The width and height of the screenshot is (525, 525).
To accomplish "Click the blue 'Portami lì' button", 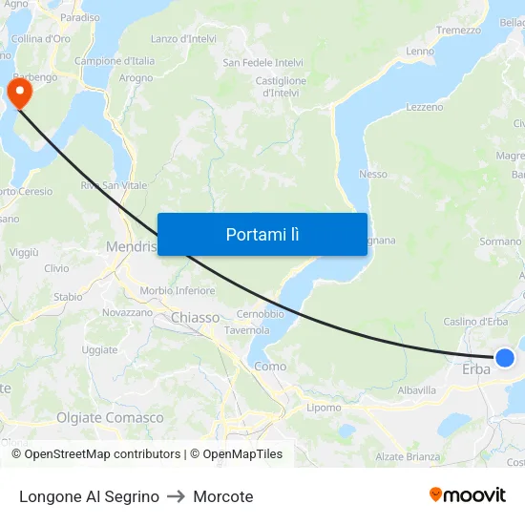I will (262, 234).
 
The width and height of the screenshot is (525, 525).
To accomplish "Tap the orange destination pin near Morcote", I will (19, 92).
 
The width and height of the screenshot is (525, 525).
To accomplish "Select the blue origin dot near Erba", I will (505, 358).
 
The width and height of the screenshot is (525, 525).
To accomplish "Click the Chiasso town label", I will (196, 317).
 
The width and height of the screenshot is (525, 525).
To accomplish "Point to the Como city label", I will (270, 366).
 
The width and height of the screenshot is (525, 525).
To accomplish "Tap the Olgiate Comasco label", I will (110, 418).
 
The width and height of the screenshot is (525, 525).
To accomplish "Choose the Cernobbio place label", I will (260, 314).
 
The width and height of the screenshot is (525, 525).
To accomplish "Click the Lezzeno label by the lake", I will (425, 108).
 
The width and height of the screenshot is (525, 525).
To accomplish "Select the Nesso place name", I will (372, 175).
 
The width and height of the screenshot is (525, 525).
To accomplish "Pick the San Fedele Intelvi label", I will (262, 63).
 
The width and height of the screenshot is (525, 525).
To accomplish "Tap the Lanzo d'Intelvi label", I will (183, 39).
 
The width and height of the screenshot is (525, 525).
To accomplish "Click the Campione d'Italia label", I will (115, 61).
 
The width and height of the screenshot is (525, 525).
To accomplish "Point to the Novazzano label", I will (127, 312).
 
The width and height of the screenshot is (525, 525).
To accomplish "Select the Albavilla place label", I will (416, 390).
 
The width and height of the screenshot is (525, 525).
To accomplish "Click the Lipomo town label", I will (324, 408).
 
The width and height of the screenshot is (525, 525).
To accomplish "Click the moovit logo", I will (468, 495).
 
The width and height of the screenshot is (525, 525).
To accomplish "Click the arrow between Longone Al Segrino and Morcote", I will (176, 496).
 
